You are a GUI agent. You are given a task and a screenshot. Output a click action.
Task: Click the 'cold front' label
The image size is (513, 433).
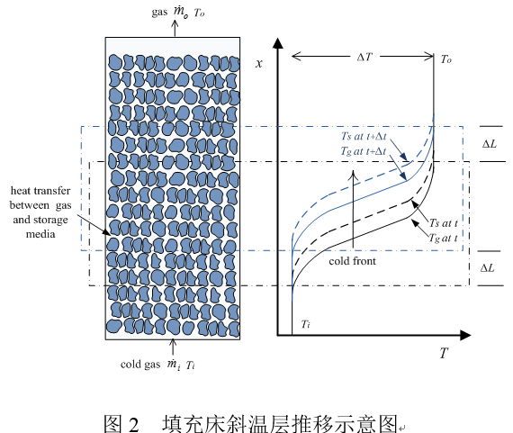pyautogui.click(x=353, y=261)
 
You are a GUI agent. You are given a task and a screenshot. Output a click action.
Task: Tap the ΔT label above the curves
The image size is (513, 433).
pyautogui.click(x=364, y=58)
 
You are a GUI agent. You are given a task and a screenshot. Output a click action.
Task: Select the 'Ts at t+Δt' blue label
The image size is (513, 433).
pyautogui.click(x=364, y=136)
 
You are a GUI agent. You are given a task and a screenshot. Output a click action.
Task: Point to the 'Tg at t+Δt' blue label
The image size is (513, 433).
pyautogui.click(x=364, y=151)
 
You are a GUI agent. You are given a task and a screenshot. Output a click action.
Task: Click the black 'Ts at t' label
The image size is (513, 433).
pyautogui.click(x=444, y=223)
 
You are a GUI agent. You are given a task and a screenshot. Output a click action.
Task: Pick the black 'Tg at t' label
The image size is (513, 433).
pyautogui.click(x=444, y=238)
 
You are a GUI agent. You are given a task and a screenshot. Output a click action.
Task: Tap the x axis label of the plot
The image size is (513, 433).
pyautogui.click(x=259, y=63)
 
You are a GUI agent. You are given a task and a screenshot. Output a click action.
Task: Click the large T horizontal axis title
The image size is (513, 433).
pyautogui.click(x=444, y=353)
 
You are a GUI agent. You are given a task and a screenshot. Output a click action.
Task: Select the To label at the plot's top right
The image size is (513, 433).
pyautogui.click(x=445, y=59)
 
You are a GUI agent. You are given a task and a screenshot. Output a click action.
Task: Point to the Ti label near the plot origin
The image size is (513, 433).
pyautogui.click(x=306, y=324)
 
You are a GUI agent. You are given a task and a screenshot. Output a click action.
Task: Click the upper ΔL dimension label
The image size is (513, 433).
pyautogui.click(x=490, y=144)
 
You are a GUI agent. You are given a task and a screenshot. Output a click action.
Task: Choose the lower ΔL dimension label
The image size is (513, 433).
pyautogui.click(x=488, y=268)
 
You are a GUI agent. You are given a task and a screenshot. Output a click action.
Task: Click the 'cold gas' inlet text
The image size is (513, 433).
pyautogui.click(x=140, y=365)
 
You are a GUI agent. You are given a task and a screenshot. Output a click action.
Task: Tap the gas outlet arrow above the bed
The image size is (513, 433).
pyautogui.click(x=175, y=28)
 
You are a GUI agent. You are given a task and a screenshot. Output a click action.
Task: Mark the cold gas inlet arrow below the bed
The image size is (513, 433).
pyautogui.click(x=173, y=347)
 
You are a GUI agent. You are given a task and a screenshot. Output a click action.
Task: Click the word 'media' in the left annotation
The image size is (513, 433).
pyautogui.click(x=40, y=234)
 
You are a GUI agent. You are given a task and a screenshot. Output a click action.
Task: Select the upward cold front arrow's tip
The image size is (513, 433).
pyautogui.click(x=354, y=170)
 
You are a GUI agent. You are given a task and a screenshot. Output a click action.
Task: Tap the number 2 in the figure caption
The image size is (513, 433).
pyautogui.click(x=134, y=424)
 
